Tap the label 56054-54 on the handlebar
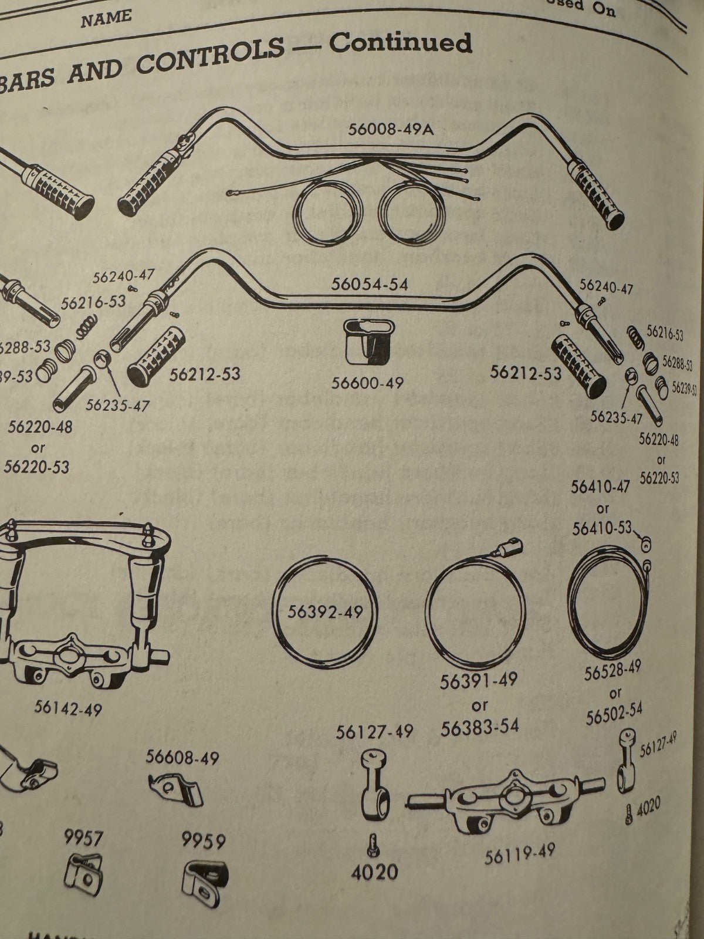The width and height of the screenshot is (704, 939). click(x=369, y=285)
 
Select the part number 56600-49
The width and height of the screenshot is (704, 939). click(x=367, y=383)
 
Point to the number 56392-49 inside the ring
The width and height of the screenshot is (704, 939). click(x=326, y=612)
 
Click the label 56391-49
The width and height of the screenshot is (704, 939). click(x=479, y=681)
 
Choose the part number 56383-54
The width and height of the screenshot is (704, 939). click(x=480, y=726)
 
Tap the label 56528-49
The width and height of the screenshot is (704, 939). click(x=612, y=671)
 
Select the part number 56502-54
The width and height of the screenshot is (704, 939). click(x=614, y=712)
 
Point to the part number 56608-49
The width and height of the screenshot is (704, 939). click(x=182, y=758)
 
